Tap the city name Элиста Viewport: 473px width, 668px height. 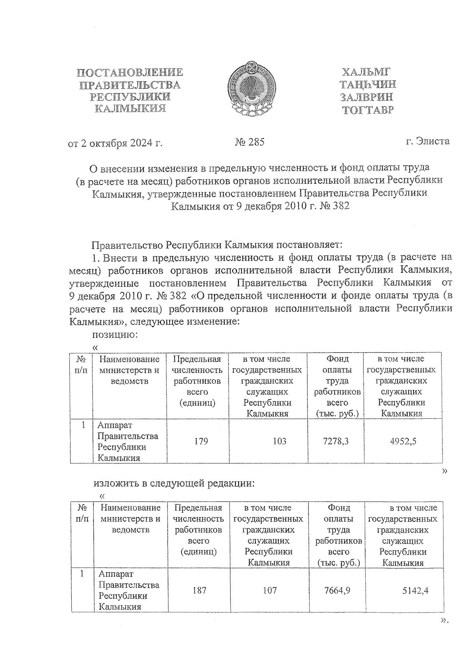coord(433,141)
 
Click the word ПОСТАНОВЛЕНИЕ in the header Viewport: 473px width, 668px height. coord(130,72)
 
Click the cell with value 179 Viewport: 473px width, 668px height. coord(201,441)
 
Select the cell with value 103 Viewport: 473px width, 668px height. coord(279,441)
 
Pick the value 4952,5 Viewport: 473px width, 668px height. coord(403,441)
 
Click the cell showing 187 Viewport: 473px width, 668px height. coord(199,590)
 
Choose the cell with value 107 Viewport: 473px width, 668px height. coord(270,590)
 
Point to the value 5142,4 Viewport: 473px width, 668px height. coord(415,590)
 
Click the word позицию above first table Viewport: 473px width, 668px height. coord(114,335)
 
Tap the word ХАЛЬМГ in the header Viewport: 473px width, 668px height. coord(366,72)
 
